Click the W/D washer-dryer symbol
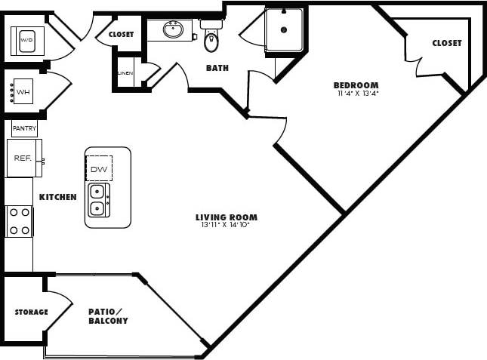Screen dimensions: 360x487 (27, 39)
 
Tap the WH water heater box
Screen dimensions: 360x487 (23, 91)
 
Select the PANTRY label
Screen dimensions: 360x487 (24, 128)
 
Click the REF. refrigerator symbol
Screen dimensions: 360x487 (23, 158)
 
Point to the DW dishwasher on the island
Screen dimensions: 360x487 (99, 169)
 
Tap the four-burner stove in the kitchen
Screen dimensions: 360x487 (20, 221)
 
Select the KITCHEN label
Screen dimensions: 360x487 (58, 197)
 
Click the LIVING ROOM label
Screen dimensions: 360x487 (225, 217)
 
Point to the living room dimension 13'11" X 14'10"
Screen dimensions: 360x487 (225, 225)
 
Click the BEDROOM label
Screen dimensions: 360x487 (356, 85)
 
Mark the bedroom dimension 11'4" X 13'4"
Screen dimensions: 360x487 (357, 94)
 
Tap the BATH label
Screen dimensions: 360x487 (217, 68)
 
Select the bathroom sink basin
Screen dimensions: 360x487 (174, 30)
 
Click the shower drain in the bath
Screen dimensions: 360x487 (284, 30)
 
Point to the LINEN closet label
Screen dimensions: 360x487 (125, 73)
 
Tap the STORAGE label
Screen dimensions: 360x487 (32, 312)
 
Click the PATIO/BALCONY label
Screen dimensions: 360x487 (107, 315)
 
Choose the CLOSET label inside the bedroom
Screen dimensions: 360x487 (447, 43)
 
